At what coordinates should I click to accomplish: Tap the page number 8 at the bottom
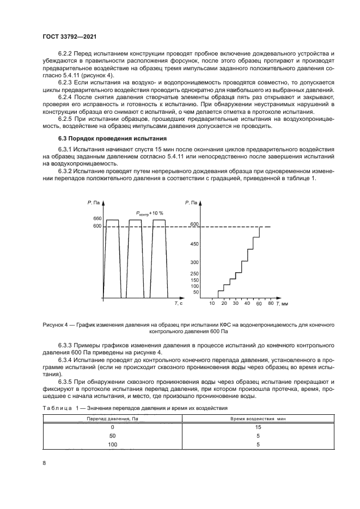pyautogui.click(x=44, y=463)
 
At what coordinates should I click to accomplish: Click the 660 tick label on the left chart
pyautogui.click(x=97, y=219)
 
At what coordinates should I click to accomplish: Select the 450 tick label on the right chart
pyautogui.click(x=194, y=244)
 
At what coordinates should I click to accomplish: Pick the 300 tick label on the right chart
pyautogui.click(x=194, y=262)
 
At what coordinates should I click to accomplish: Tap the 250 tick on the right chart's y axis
pyautogui.click(x=194, y=273)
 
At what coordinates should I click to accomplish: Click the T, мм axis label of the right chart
pyautogui.click(x=281, y=303)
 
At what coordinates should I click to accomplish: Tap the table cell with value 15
pyautogui.click(x=258, y=427)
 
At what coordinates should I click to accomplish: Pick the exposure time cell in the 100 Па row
pyautogui.click(x=258, y=445)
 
